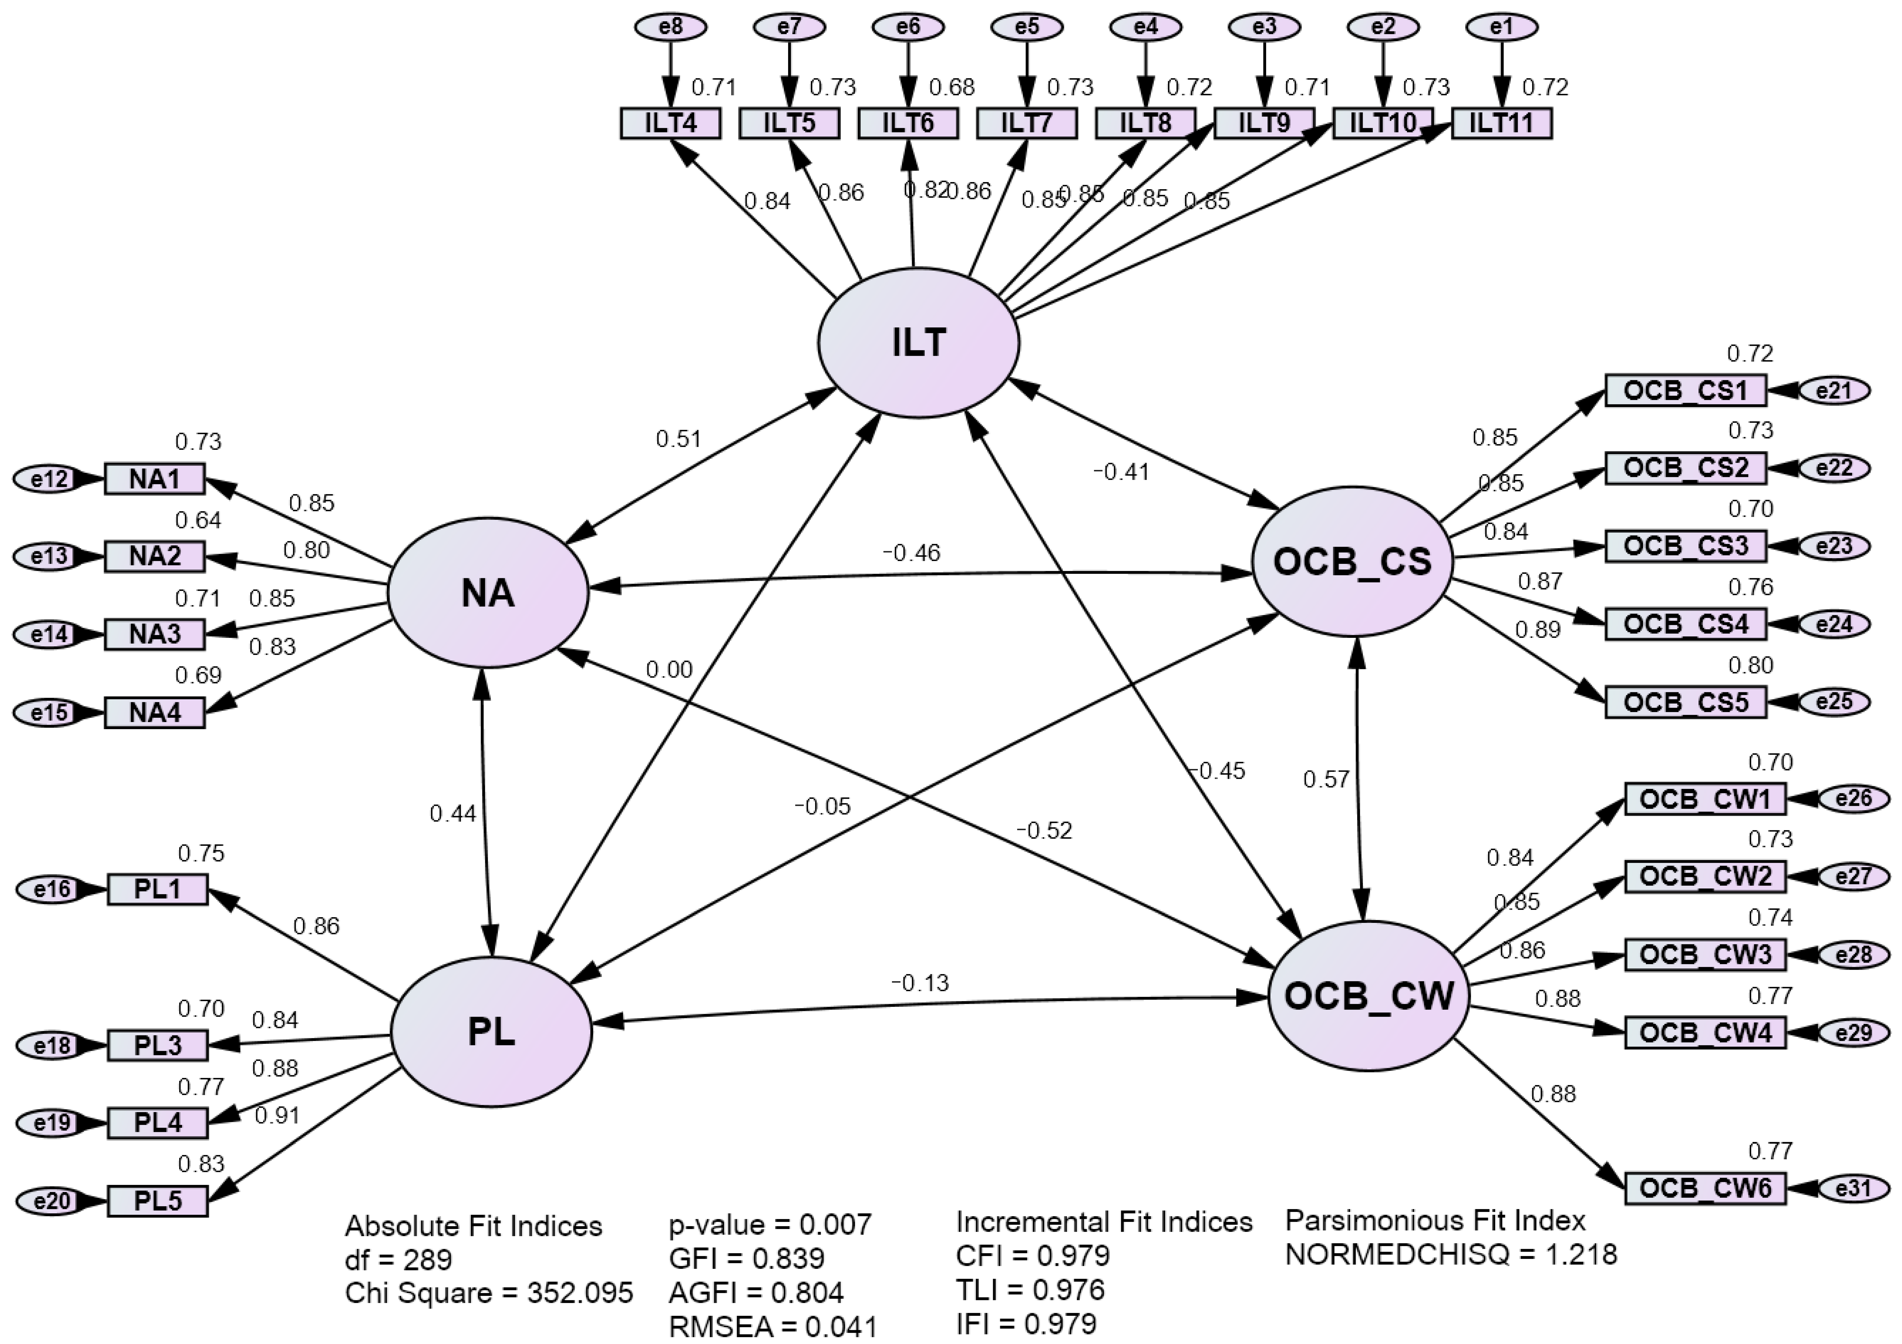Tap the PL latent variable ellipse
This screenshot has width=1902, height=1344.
(x=491, y=1032)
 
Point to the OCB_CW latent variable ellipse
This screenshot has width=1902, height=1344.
(x=1369, y=996)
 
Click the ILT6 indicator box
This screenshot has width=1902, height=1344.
(x=908, y=123)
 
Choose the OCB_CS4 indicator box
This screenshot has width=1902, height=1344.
(x=1686, y=624)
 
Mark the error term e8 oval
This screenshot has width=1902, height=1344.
(x=671, y=27)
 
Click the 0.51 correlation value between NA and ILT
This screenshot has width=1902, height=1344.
(x=678, y=438)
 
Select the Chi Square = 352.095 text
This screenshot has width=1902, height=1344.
(x=489, y=1293)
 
